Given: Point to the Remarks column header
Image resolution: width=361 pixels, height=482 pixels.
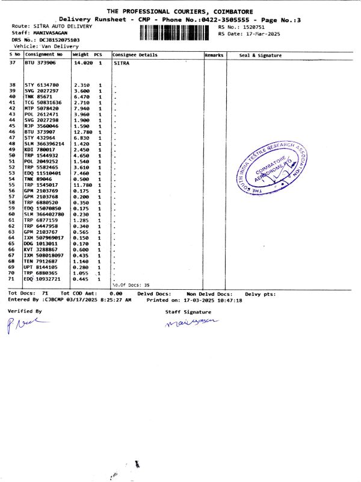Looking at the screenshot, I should [214, 55].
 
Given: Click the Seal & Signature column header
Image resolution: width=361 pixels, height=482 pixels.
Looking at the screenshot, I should [260, 55].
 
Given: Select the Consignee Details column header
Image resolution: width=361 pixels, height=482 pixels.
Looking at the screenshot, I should [135, 55].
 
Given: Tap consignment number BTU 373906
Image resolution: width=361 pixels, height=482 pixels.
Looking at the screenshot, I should [40, 62].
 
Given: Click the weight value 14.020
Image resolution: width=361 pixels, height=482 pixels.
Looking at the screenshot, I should [82, 62].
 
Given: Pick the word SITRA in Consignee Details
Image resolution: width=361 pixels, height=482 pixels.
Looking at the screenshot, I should [121, 62].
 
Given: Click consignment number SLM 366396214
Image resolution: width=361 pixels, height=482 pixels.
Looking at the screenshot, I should [46, 145].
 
